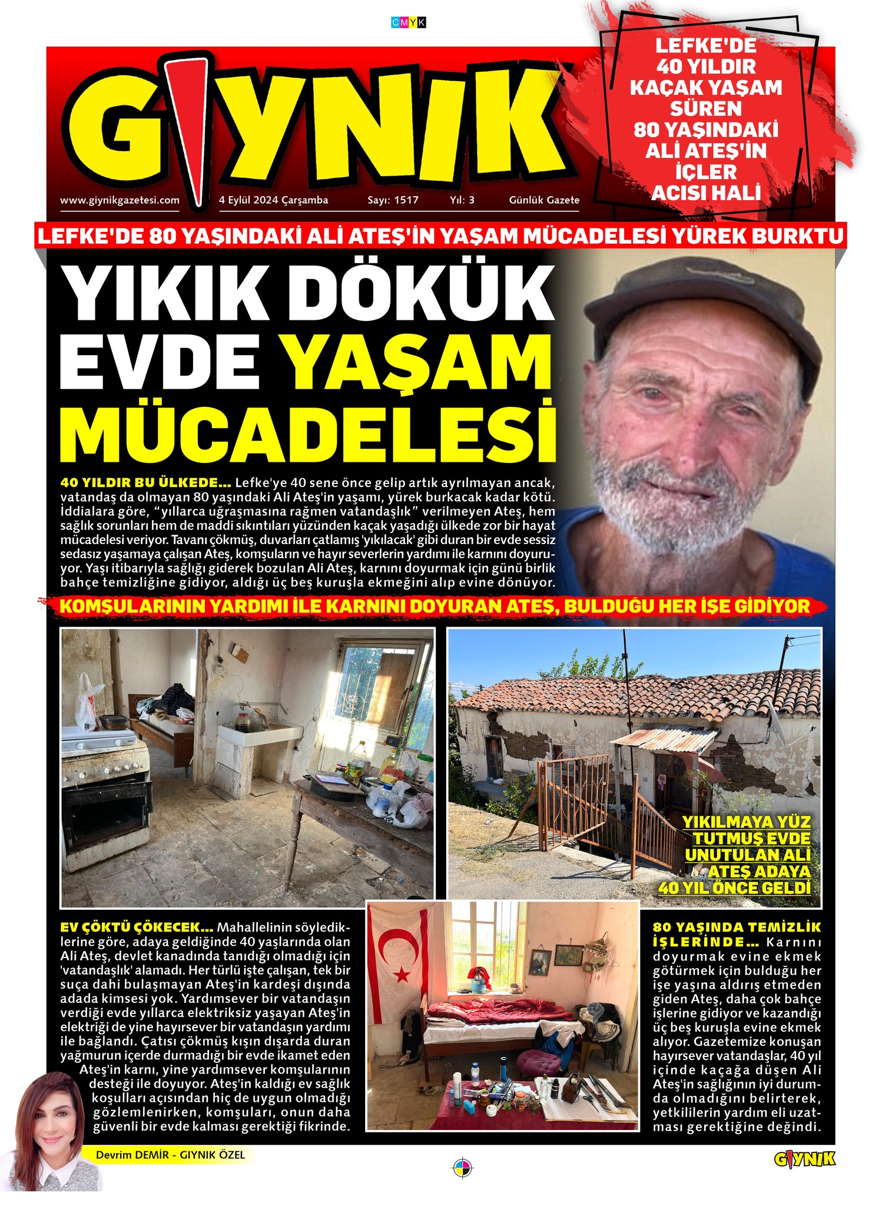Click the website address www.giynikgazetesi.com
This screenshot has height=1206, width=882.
click(120, 200)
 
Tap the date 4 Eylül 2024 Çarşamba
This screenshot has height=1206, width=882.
click(273, 200)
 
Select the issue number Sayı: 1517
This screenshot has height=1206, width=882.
click(393, 200)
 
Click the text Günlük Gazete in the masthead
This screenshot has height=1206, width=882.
click(543, 200)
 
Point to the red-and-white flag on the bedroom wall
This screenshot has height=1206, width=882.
click(400, 966)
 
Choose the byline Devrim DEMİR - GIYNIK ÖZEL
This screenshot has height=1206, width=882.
click(170, 1155)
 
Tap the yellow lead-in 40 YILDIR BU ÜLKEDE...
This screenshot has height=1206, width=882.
click(145, 483)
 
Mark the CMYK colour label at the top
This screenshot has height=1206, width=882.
click(408, 22)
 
